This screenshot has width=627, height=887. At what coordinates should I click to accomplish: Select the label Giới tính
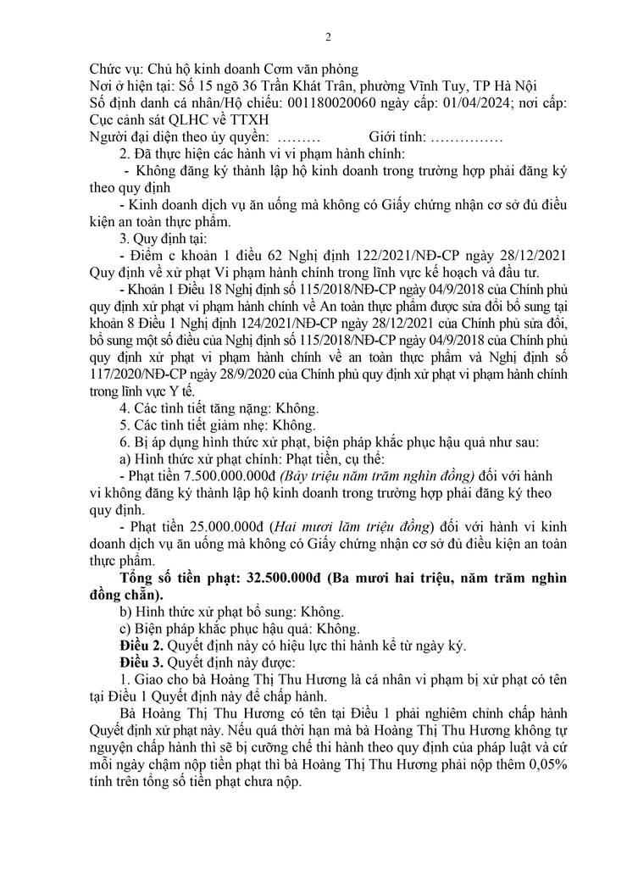click(397, 136)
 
